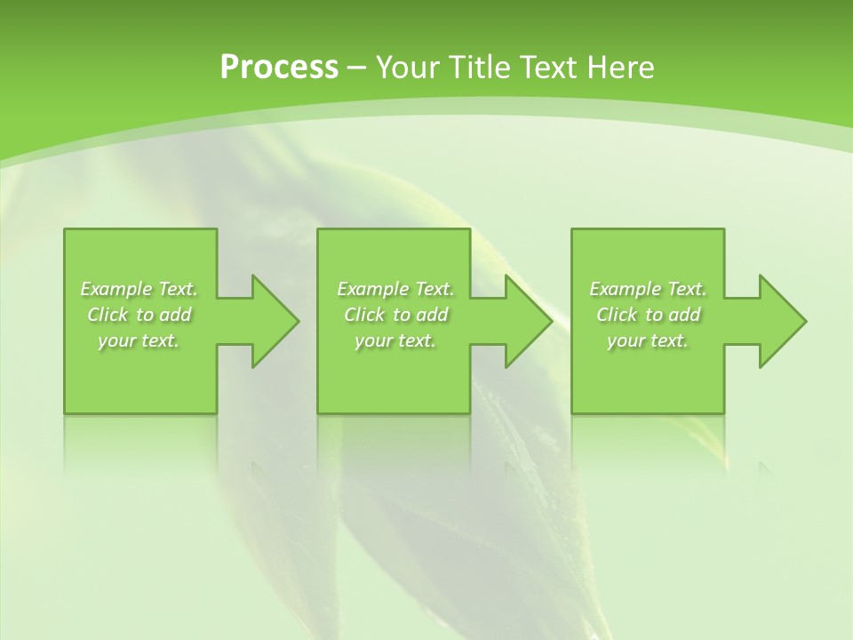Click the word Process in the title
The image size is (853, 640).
pos(279,68)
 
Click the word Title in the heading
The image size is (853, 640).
pos(475,68)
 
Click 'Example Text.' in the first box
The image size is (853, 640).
pos(139,289)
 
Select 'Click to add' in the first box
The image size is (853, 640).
pos(139,315)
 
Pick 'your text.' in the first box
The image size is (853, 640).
pos(139,340)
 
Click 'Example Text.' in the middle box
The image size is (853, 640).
pos(395,289)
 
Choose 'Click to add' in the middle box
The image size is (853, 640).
pos(395,315)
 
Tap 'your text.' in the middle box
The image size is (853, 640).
pos(395,340)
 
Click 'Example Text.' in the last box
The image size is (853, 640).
pos(648,289)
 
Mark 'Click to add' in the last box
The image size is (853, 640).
pos(648,315)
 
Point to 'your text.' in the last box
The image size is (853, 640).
pos(648,340)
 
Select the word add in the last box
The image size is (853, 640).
pos(684,315)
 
